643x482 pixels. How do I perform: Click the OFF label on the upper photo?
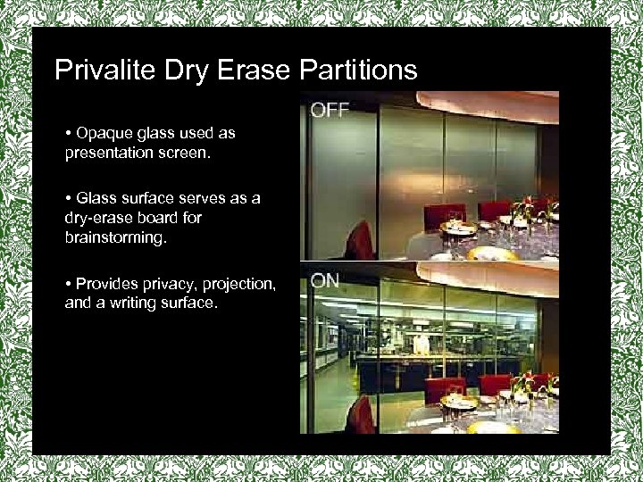[x=330, y=111]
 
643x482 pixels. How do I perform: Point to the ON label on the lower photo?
[x=325, y=280]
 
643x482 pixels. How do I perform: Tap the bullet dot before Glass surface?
[x=69, y=199]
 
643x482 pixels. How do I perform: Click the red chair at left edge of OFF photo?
[x=360, y=240]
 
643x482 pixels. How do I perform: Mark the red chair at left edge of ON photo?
[x=360, y=414]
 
